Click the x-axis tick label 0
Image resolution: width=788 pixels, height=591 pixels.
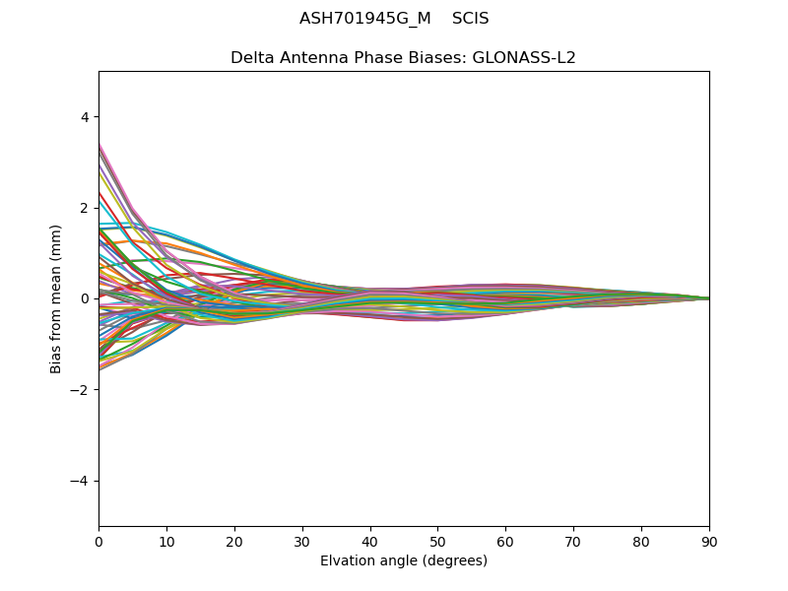click(98, 541)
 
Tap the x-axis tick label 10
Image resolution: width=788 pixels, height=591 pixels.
click(166, 541)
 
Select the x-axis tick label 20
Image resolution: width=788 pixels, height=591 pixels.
click(234, 541)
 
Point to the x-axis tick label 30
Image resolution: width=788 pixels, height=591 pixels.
click(302, 541)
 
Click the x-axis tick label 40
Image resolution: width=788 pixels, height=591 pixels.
click(370, 541)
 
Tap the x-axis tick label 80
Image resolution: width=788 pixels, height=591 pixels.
click(641, 541)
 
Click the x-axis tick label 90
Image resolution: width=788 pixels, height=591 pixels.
click(709, 541)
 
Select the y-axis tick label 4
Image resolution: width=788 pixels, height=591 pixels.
click(84, 117)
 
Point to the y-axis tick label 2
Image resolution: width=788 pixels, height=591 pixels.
click(84, 208)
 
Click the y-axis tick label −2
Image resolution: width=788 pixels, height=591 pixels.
click(80, 390)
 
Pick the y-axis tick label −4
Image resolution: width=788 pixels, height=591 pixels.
click(80, 481)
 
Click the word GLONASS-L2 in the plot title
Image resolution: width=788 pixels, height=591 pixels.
click(524, 58)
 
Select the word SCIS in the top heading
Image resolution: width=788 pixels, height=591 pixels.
click(471, 19)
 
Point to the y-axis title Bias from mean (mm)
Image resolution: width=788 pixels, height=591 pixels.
click(57, 298)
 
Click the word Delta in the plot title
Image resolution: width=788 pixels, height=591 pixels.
click(251, 58)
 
